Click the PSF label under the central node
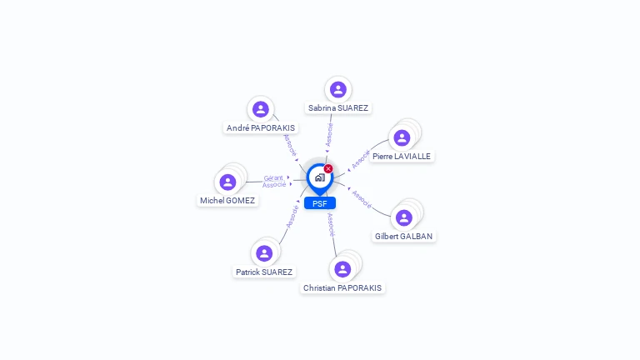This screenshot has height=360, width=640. pyautogui.click(x=319, y=203)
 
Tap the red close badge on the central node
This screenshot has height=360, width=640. pyautogui.click(x=328, y=169)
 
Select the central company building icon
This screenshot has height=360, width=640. pyautogui.click(x=319, y=177)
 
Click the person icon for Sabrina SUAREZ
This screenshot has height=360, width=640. pyautogui.click(x=337, y=89)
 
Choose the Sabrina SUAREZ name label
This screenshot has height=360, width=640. pyautogui.click(x=337, y=108)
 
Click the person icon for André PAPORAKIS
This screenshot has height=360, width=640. pyautogui.click(x=260, y=109)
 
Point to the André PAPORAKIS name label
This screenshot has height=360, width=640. pyautogui.click(x=261, y=128)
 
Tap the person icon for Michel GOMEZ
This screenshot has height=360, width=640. pyautogui.click(x=227, y=182)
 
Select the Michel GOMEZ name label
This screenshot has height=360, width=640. pyautogui.click(x=227, y=201)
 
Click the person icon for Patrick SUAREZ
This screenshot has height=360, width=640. pyautogui.click(x=264, y=253)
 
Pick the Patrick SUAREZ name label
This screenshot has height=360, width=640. pyautogui.click(x=264, y=272)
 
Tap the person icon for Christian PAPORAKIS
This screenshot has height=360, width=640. pyautogui.click(x=342, y=269)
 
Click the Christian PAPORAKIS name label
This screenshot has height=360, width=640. pyautogui.click(x=342, y=288)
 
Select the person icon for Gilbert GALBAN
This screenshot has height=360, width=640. pyautogui.click(x=404, y=217)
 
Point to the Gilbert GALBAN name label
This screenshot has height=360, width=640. pyautogui.click(x=404, y=237)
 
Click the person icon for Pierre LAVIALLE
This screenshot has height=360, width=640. pyautogui.click(x=402, y=137)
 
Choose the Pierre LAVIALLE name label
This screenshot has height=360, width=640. pyautogui.click(x=402, y=157)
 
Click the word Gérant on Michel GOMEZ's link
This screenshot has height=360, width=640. pyautogui.click(x=273, y=177)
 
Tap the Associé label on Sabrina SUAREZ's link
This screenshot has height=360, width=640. pyautogui.click(x=329, y=135)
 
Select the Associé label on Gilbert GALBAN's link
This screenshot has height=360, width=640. pyautogui.click(x=362, y=198)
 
